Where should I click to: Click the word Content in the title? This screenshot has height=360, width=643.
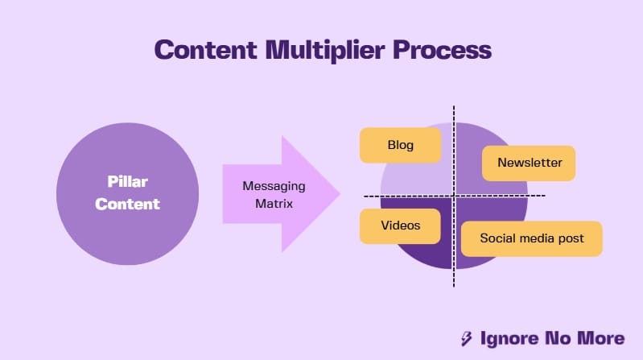206,50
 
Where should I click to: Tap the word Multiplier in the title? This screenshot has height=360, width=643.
325,51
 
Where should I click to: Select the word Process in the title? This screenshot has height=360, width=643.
442,50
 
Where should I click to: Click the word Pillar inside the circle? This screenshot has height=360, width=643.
127,181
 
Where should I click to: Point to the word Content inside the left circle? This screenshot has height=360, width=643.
127,204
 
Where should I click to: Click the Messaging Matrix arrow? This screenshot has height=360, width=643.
282,194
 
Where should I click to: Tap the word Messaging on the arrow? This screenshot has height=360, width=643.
274,186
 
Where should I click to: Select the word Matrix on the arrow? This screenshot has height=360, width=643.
274,204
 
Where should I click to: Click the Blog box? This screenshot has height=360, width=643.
400,145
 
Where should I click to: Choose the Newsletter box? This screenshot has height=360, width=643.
529,163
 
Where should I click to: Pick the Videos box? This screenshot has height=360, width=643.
400,226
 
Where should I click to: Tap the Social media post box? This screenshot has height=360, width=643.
531,239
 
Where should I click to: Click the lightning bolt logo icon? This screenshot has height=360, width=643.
466,338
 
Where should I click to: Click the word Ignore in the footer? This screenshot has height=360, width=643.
509,338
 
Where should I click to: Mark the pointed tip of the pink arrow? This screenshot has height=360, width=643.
340,194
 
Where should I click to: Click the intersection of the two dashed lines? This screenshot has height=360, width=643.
454,196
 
